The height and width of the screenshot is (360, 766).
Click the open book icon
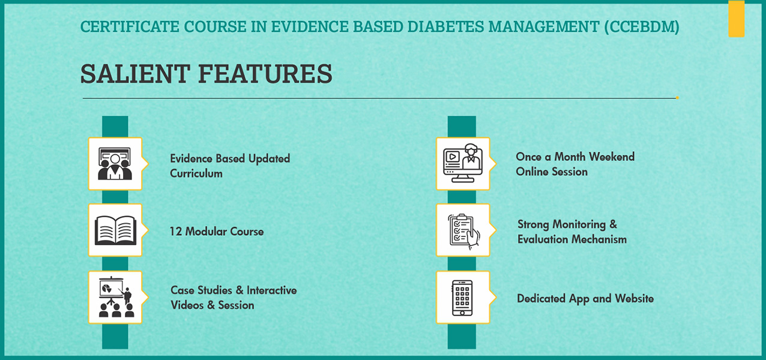115,230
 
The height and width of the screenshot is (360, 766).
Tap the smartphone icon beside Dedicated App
462,298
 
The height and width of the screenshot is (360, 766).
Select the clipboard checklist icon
463,230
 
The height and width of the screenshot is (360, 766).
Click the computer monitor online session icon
463,163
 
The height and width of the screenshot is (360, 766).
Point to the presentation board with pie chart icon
116,297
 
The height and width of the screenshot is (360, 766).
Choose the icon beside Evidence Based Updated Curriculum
115,163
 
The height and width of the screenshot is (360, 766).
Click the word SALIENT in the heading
135,74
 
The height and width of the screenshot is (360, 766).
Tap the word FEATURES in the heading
265,74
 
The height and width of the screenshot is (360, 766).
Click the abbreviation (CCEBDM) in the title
642,26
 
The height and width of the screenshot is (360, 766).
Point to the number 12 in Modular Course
176,232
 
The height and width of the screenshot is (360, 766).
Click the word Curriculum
196,173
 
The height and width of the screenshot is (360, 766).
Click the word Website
635,298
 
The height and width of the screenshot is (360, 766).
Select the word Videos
187,305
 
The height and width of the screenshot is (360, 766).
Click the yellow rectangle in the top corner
736,19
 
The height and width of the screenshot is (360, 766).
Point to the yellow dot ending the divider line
677,98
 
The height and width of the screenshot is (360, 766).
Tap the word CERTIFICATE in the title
130,26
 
